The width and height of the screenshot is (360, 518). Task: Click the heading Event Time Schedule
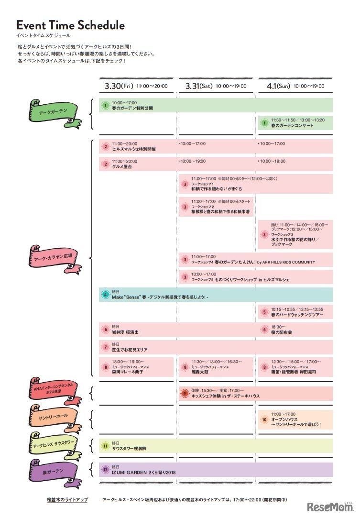(70, 25)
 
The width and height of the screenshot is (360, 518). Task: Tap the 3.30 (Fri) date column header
(136, 86)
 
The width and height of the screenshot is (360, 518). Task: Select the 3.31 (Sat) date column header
(216, 86)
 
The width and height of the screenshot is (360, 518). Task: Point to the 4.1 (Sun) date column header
(295, 86)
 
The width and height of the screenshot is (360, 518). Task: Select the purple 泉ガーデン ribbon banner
(53, 472)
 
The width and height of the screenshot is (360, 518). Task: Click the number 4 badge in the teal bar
(106, 295)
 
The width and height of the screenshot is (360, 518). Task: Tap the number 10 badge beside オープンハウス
(264, 419)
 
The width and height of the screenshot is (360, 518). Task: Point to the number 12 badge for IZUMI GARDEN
(106, 470)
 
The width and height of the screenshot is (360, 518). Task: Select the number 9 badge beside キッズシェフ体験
(185, 394)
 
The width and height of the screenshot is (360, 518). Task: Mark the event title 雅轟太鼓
(201, 372)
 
